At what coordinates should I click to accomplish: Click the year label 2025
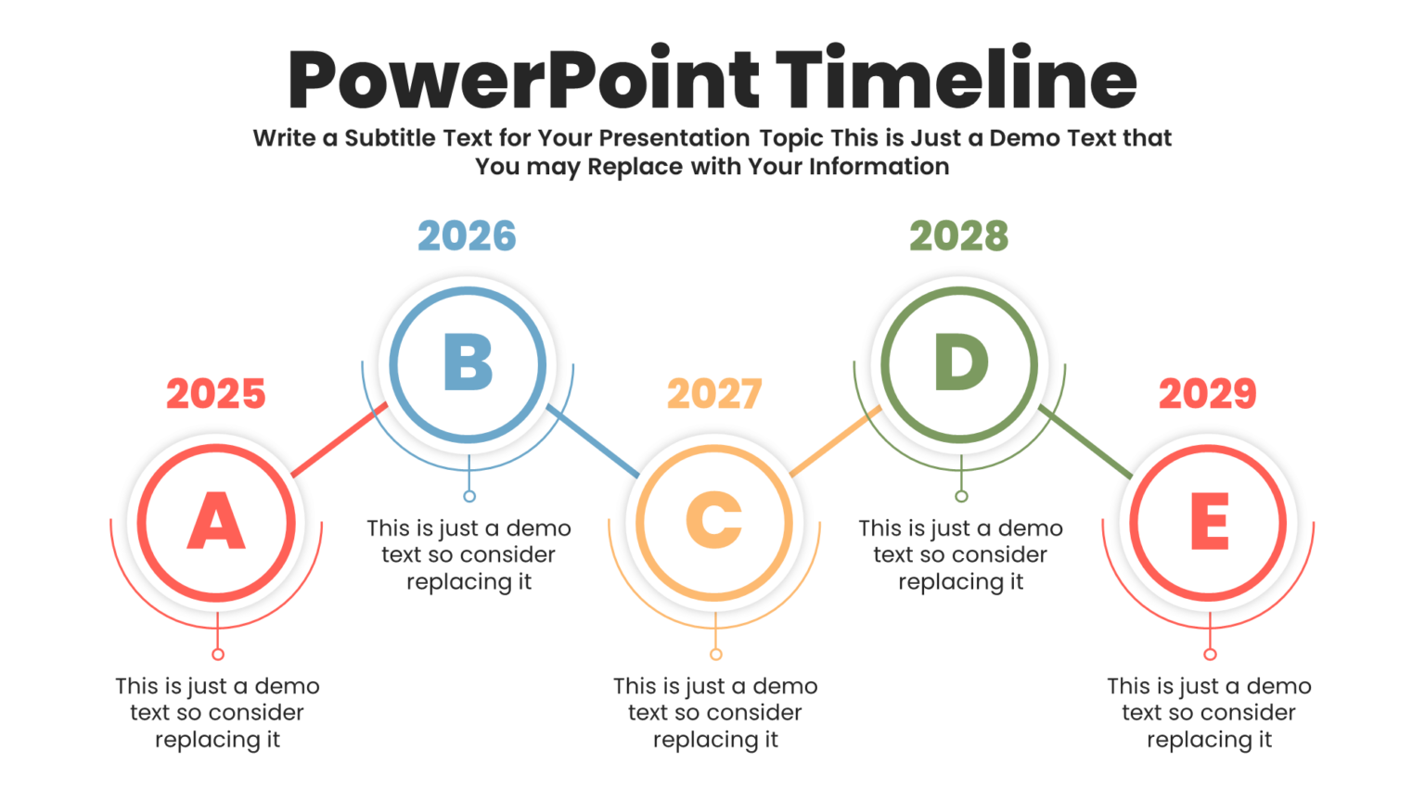click(x=216, y=394)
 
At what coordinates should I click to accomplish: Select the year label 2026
click(x=467, y=236)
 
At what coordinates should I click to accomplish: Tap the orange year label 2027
click(x=714, y=394)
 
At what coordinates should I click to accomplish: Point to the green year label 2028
click(x=958, y=236)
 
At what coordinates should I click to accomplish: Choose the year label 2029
click(x=1208, y=394)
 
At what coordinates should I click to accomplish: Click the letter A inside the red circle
click(x=216, y=522)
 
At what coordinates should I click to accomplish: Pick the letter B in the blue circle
click(x=469, y=362)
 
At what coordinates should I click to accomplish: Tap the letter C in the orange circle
click(x=714, y=521)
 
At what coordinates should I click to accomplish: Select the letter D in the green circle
click(x=960, y=362)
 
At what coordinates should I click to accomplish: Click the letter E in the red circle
click(x=1210, y=522)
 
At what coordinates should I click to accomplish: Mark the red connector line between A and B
click(x=339, y=440)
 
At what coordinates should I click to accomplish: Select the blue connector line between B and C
click(x=594, y=441)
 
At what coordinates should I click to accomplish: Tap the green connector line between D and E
click(x=1085, y=441)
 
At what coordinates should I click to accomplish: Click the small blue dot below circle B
click(x=469, y=496)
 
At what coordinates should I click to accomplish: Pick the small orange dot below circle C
click(x=715, y=655)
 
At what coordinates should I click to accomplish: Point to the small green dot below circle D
click(x=961, y=496)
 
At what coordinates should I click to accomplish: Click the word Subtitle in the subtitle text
click(x=390, y=138)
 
